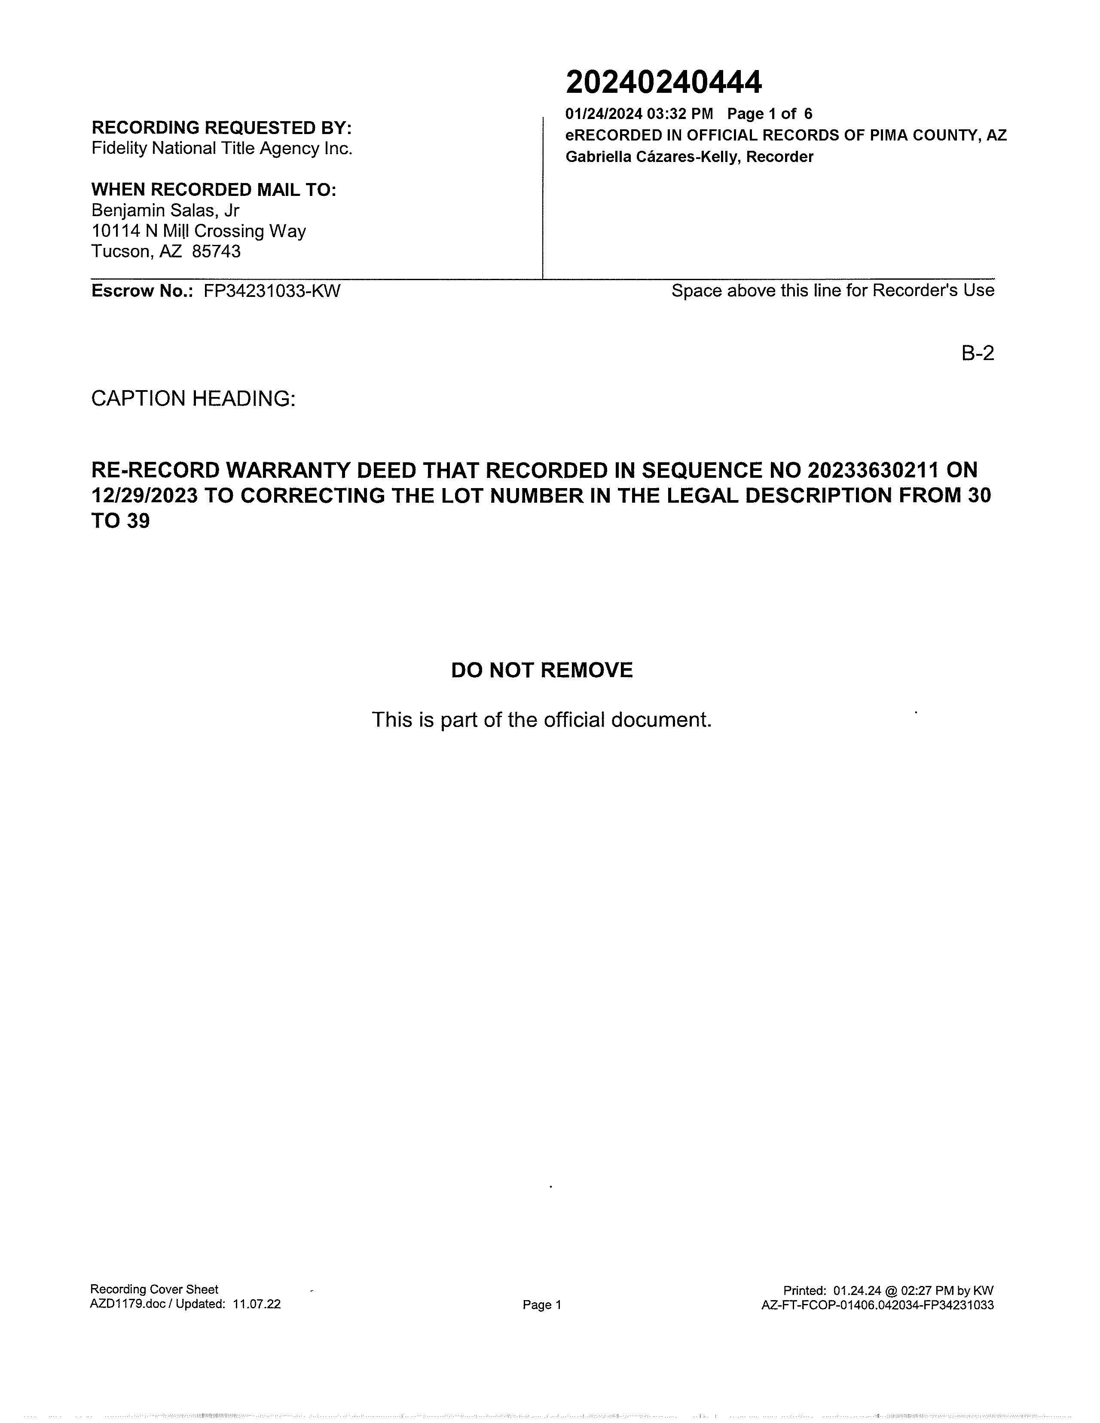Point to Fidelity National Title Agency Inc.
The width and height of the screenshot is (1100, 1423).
222,149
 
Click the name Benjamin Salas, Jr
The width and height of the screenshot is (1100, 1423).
165,211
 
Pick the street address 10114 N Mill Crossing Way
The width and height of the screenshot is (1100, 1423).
199,231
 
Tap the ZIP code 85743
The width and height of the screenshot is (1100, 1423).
217,251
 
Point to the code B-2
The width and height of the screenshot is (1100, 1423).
978,353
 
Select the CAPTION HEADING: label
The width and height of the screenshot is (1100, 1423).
193,398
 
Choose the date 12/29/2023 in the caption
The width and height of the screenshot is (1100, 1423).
144,496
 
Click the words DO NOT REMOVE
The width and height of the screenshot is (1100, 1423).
541,670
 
